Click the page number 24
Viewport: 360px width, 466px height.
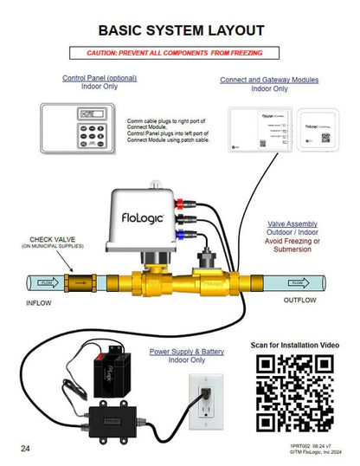click(27, 448)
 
